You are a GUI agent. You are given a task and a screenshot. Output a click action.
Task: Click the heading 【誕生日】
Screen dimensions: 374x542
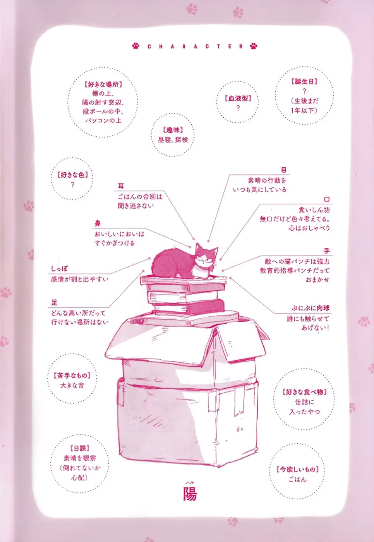coord(304,82)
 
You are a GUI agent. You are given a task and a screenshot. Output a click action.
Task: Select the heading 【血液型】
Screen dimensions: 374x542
coord(238,98)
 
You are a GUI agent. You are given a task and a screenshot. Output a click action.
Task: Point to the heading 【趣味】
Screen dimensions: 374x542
coord(173,130)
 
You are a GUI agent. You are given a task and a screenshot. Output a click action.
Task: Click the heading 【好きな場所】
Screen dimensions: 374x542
coord(103,84)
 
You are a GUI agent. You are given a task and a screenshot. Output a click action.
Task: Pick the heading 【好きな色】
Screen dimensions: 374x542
coord(72,175)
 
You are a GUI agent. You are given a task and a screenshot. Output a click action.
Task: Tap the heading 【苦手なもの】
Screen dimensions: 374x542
coord(72,376)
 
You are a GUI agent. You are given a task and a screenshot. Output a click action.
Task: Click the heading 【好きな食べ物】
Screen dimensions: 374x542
coord(304,392)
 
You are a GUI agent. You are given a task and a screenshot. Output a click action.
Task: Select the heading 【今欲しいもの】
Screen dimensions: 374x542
coord(297,470)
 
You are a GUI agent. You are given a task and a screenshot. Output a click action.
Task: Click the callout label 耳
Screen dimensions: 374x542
coord(121,186)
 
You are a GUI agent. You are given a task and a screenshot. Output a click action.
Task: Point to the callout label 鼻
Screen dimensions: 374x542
coord(97,223)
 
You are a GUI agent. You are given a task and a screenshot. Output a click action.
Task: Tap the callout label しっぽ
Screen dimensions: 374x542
coord(59,269)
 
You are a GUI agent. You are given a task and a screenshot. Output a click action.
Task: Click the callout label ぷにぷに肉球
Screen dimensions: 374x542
coord(311,308)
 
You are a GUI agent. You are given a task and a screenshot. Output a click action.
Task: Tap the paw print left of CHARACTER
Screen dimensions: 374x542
coord(136,46)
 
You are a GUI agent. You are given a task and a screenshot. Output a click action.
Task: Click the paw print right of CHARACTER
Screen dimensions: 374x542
coord(254,46)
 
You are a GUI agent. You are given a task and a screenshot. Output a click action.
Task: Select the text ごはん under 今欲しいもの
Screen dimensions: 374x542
coord(297,479)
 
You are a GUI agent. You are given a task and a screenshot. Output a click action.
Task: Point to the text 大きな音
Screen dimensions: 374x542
coord(72,386)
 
